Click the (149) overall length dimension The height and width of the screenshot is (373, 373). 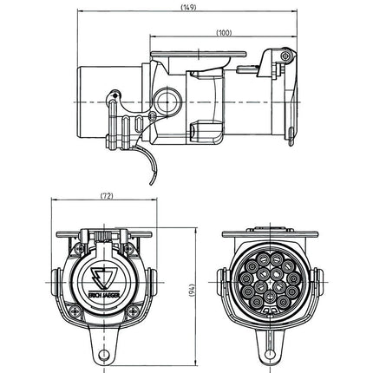tap(186, 8)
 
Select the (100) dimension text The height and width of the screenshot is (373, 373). tap(224, 33)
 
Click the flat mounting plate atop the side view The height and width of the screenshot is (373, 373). tap(193, 54)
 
